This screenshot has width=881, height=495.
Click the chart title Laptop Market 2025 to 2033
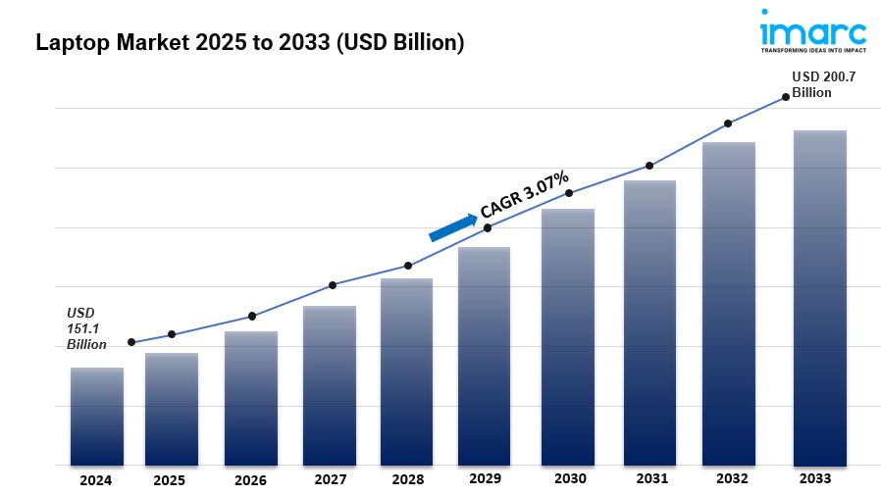coord(249,42)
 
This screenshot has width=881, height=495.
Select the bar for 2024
coord(97,417)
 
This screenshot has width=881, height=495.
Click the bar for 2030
coord(568,337)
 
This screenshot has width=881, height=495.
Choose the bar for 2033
coord(819,298)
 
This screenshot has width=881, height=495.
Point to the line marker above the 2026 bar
coord(252,316)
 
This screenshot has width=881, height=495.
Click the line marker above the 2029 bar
coord(488,228)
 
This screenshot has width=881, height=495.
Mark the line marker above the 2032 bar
coord(728,124)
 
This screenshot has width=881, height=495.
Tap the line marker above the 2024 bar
coord(131,342)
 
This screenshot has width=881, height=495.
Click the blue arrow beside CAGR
coord(452,226)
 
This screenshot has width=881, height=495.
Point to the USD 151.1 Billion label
coord(87,328)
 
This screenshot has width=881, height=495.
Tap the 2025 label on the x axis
coord(169,480)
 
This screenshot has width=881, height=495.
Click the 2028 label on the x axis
coord(407,479)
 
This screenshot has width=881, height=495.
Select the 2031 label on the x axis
coord(651,478)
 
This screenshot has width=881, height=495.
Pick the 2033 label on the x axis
coord(814,478)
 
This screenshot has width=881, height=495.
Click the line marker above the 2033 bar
coord(785,97)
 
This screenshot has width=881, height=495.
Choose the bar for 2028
coord(407,371)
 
